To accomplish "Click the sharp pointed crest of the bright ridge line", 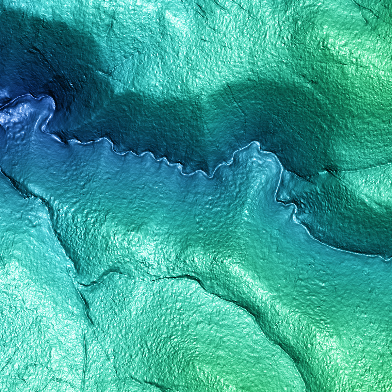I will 254,143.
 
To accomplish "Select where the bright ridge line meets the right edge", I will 391,258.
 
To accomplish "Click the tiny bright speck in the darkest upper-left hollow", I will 71,86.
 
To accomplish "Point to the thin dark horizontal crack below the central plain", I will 170,278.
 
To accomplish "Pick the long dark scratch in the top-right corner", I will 366,8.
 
